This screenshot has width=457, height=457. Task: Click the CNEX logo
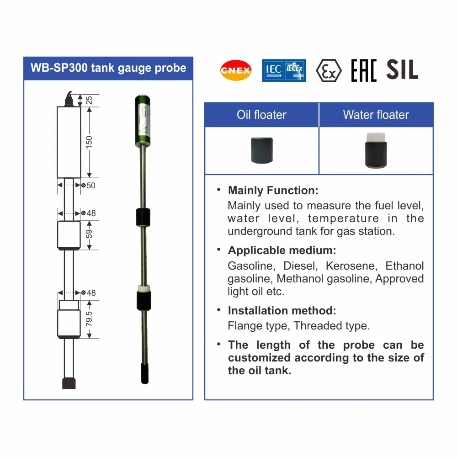pyautogui.click(x=236, y=70)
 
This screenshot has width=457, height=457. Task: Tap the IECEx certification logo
pyautogui.click(x=283, y=70)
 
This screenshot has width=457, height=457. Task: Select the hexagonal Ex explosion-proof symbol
pyautogui.click(x=329, y=70)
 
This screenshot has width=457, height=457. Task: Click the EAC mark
pyautogui.click(x=364, y=70)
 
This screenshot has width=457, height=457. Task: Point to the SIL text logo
pyautogui.click(x=402, y=70)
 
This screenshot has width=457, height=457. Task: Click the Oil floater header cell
pyautogui.click(x=261, y=115)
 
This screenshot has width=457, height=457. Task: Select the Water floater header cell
pyautogui.click(x=376, y=115)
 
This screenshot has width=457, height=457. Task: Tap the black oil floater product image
pyautogui.click(x=261, y=150)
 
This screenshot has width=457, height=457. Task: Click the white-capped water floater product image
pyautogui.click(x=376, y=150)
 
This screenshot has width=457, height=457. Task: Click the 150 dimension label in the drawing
pyautogui.click(x=89, y=141)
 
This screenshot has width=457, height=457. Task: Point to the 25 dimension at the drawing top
pyautogui.click(x=89, y=100)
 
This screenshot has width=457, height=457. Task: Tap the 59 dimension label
pyautogui.click(x=89, y=234)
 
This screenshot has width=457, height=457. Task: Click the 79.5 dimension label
pyautogui.click(x=89, y=319)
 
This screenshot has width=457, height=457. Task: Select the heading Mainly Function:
pyautogui.click(x=273, y=190)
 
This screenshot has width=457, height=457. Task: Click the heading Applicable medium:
pyautogui.click(x=282, y=250)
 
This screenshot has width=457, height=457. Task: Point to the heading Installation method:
pyautogui.click(x=282, y=311)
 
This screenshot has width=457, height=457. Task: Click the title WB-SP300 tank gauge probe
pyautogui.click(x=108, y=68)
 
